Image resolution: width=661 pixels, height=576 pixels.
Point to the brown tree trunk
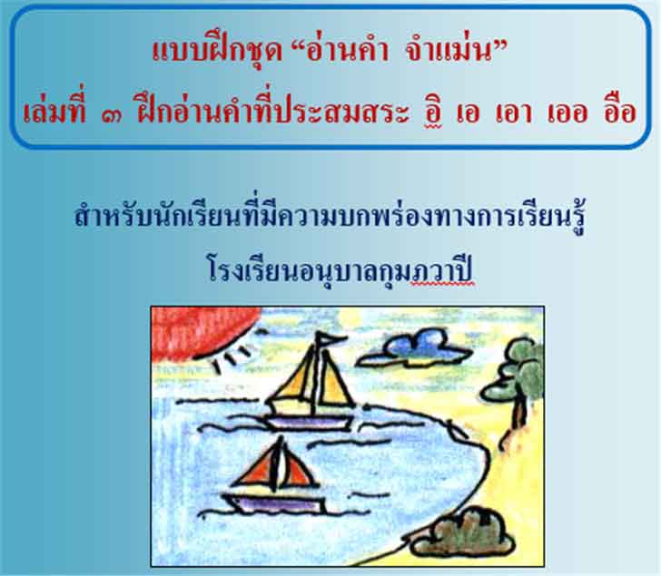point(518,414)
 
